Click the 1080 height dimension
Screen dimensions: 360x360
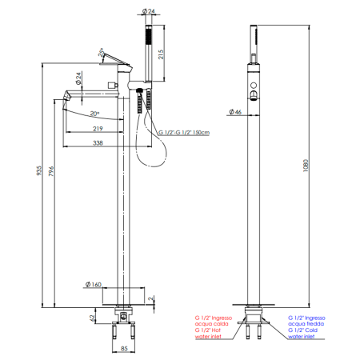click(x=306, y=166)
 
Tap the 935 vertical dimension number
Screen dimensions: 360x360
click(x=39, y=170)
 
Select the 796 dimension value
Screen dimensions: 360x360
click(x=51, y=171)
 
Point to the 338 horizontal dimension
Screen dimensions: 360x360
click(x=98, y=143)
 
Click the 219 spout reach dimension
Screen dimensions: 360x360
click(x=98, y=129)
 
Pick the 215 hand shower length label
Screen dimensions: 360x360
click(x=161, y=54)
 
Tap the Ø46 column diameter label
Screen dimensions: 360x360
click(x=235, y=112)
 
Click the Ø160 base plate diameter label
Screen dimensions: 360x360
click(x=94, y=285)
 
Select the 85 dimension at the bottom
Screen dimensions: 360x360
click(x=124, y=348)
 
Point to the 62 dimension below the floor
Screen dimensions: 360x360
click(x=92, y=318)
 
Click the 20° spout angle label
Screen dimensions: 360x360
click(x=94, y=114)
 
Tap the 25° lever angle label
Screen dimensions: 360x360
click(x=101, y=52)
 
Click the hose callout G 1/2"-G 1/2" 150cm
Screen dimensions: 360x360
click(x=184, y=133)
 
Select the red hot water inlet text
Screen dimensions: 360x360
click(x=214, y=327)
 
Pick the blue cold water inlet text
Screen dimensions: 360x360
click(x=306, y=327)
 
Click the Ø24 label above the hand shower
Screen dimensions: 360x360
click(x=149, y=11)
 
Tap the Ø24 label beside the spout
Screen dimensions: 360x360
click(x=78, y=78)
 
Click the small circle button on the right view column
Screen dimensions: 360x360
click(x=254, y=85)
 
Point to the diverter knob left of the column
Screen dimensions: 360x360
click(x=113, y=85)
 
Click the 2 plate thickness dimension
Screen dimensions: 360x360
click(x=151, y=298)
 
